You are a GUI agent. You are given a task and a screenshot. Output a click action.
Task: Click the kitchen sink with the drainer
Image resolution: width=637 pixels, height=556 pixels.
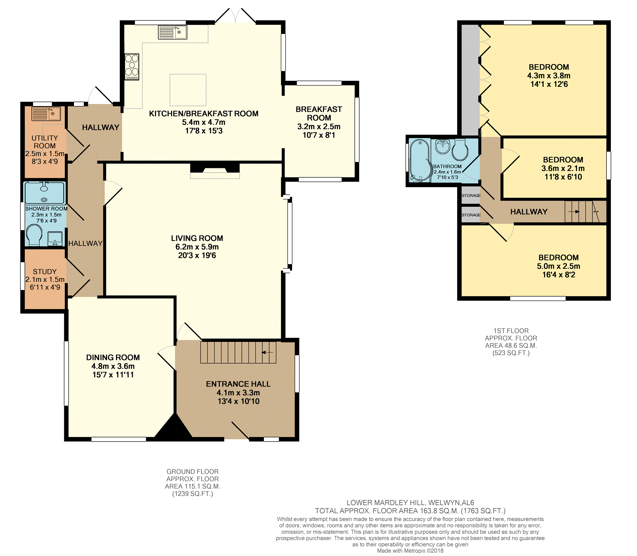pyautogui.click(x=172, y=32)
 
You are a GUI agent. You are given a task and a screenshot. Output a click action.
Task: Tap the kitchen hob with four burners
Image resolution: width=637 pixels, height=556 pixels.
pyautogui.click(x=132, y=67)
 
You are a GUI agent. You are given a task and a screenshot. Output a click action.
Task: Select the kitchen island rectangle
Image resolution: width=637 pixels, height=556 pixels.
pyautogui.click(x=188, y=90)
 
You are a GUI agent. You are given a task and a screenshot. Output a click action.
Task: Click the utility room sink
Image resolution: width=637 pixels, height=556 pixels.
pyautogui.click(x=46, y=114)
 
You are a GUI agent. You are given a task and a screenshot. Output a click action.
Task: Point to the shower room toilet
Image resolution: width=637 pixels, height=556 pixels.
pyautogui.click(x=34, y=235)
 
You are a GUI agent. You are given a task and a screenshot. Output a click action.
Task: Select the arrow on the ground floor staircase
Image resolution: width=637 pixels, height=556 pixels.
pyautogui.click(x=267, y=352)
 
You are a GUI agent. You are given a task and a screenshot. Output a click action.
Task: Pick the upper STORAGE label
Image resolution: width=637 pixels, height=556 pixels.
pyautogui.click(x=471, y=196)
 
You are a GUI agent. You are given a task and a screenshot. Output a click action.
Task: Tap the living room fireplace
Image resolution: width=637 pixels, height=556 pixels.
pyautogui.click(x=215, y=170)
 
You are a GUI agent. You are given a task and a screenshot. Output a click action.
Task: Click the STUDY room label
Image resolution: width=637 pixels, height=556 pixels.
pyautogui.click(x=45, y=272)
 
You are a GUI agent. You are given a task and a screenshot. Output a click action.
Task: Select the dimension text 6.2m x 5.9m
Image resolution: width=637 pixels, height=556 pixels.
pyautogui.click(x=197, y=247)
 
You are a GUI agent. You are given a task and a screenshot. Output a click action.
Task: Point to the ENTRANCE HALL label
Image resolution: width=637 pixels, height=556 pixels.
pyautogui.click(x=238, y=384)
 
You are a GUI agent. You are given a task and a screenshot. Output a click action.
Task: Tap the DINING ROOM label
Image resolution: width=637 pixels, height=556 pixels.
pyautogui.click(x=113, y=358)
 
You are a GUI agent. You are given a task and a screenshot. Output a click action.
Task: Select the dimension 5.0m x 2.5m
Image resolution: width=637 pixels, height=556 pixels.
pyautogui.click(x=558, y=266)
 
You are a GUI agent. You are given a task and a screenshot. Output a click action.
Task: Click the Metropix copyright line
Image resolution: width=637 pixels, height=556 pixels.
pyautogui.click(x=410, y=551)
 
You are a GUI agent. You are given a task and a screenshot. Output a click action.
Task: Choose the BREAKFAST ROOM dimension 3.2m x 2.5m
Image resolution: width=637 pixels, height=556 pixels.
pyautogui.click(x=319, y=126)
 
